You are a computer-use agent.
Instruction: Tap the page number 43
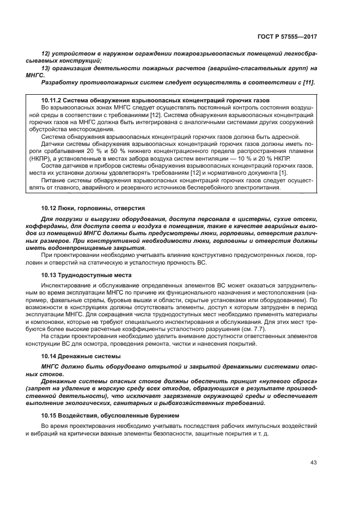pyautogui.click(x=313, y=462)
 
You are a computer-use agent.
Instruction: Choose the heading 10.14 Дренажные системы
pyautogui.click(x=82, y=355)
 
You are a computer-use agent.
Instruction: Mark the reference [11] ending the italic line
pyautogui.click(x=309, y=82)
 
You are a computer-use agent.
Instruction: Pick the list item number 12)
pyautogui.click(x=47, y=55)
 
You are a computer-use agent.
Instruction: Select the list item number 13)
pyautogui.click(x=47, y=69)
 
